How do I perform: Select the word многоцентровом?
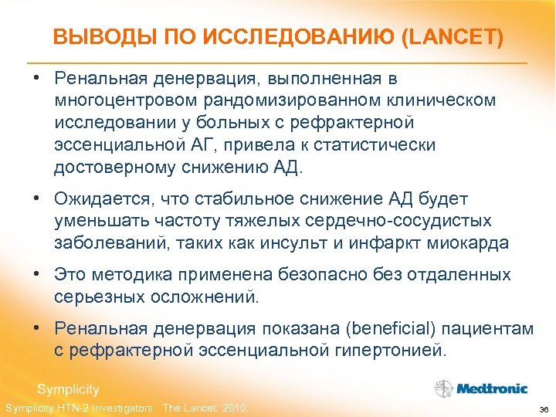(124, 100)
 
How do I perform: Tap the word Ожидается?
(100, 199)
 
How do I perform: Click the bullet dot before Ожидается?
(37, 199)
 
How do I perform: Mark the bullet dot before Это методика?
(37, 275)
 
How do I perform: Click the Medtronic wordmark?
(491, 388)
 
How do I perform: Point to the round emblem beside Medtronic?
(443, 388)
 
